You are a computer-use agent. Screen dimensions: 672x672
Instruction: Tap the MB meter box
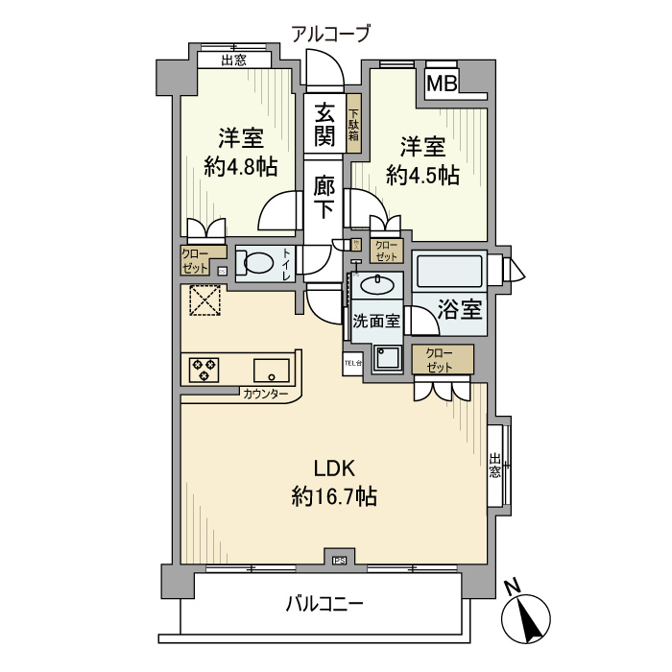pos(442,84)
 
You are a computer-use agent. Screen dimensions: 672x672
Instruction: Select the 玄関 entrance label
pos(325,124)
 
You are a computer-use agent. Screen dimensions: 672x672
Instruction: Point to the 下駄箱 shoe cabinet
pos(353,124)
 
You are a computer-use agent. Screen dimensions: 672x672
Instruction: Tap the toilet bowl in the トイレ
pos(255,262)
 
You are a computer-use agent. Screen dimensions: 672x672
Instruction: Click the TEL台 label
pos(352,363)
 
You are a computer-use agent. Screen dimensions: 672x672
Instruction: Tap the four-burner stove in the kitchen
pos(204,370)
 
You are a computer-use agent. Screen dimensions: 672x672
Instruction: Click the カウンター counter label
pos(266,394)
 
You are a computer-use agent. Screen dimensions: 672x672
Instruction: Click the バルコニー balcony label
pos(324,605)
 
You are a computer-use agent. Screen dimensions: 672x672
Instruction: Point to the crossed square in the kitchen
pos(204,302)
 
